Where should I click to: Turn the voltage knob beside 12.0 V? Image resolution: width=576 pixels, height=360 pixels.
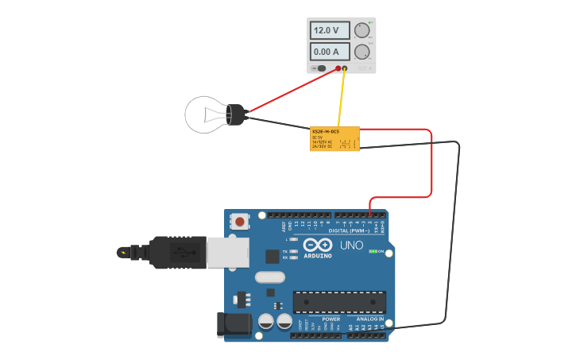point(362,30)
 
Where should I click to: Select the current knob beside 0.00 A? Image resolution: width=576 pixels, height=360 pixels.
point(362,52)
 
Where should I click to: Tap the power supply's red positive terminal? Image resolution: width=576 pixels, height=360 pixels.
point(338,68)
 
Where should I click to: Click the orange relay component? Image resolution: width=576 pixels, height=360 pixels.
point(334,138)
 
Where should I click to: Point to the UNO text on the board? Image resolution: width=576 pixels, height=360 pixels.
point(351,246)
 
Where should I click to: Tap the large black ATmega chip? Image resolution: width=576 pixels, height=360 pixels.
point(339,302)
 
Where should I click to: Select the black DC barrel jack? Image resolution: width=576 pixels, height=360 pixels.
point(234,324)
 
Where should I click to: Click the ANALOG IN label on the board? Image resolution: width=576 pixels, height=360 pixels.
point(369,319)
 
